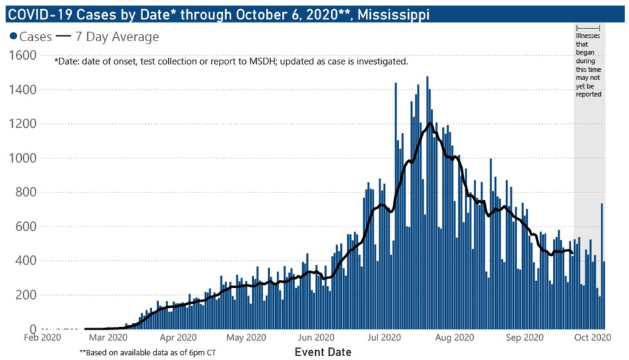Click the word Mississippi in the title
pyautogui.click(x=393, y=13)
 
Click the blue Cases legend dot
pyautogui.click(x=12, y=37)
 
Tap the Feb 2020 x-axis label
pyautogui.click(x=42, y=338)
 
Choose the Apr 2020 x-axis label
pyautogui.click(x=178, y=338)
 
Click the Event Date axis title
pyautogui.click(x=323, y=352)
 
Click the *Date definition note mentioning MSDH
pyautogui.click(x=231, y=62)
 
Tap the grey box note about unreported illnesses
pyautogui.click(x=589, y=61)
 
